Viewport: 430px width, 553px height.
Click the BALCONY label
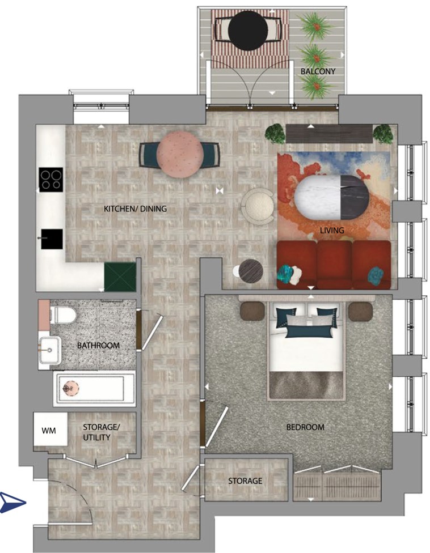pos(318,71)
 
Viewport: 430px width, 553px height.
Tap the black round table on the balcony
pos(248,31)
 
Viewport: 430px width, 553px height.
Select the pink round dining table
pos(180,154)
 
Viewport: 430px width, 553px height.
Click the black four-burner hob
pos(51,180)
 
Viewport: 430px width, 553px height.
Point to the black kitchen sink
pos(52,239)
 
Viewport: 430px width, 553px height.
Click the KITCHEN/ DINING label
pos(135,209)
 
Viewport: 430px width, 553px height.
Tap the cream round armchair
pos(258,206)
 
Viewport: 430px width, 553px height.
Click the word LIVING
pos(332,230)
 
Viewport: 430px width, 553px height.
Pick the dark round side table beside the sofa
pos(251,271)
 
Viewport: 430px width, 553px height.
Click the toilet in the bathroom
pos(63,315)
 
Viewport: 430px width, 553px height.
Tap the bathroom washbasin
pos(50,350)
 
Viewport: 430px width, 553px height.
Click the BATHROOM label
pos(98,345)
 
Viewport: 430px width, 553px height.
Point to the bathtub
pos(94,389)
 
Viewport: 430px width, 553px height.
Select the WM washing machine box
pos(50,429)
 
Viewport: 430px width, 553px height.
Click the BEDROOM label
pos(305,427)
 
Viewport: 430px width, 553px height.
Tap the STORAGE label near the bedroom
pos(245,480)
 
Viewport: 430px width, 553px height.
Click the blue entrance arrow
pos(12,503)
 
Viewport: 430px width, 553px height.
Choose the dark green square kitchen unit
pos(120,277)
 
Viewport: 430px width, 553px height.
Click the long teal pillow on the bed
pos(309,333)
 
